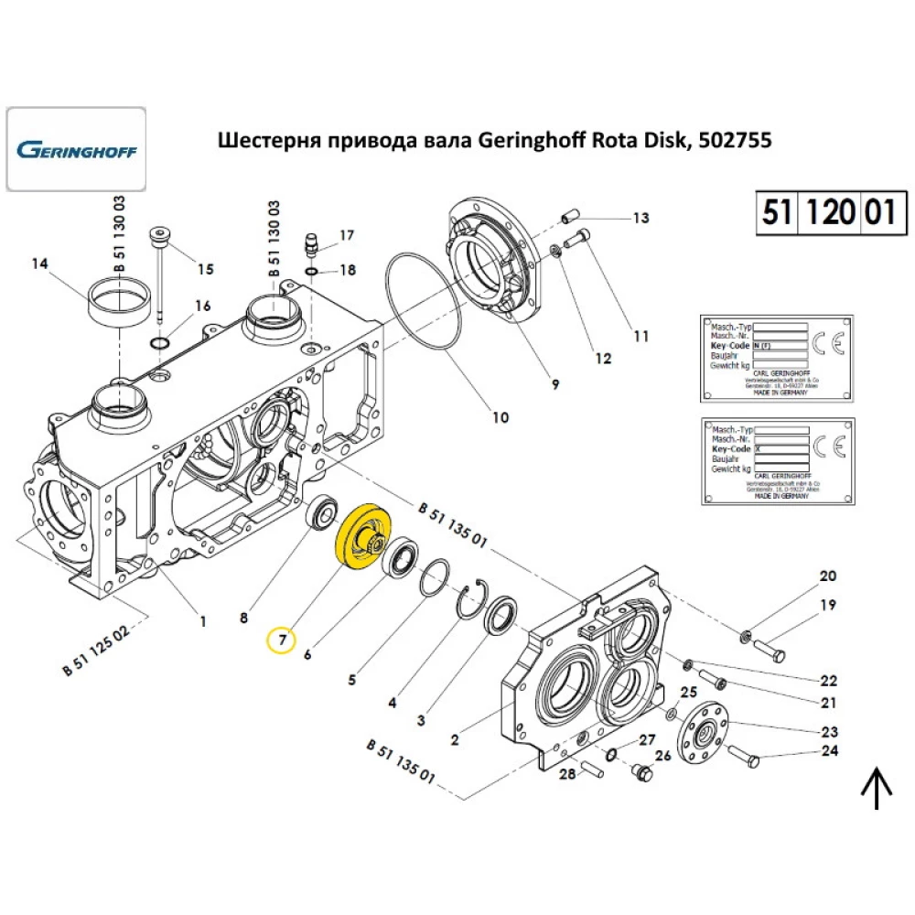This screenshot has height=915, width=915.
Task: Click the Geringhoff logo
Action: click(x=76, y=149)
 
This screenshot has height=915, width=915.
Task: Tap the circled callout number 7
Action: click(x=282, y=640)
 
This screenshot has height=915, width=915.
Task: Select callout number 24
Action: click(x=829, y=752)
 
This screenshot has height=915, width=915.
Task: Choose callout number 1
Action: click(x=203, y=621)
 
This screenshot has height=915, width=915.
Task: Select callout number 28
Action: click(x=567, y=775)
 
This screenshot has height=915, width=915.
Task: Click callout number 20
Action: click(x=827, y=576)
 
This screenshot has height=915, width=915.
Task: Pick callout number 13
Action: click(x=640, y=218)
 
